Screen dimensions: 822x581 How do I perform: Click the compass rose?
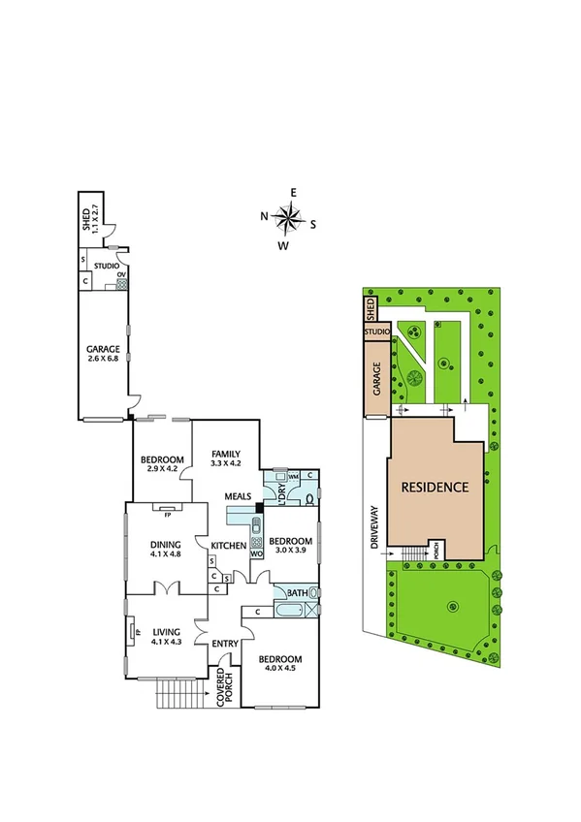point(288,218)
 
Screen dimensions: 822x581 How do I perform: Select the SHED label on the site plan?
point(371,309)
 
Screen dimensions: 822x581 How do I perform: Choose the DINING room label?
point(165,544)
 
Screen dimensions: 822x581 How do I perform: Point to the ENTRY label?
point(224,643)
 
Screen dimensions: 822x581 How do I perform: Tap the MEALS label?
point(239,497)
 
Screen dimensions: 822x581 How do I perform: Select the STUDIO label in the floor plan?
point(107,265)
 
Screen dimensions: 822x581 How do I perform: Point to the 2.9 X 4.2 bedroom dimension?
point(162,469)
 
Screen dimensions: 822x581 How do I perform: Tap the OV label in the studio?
point(121,274)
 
